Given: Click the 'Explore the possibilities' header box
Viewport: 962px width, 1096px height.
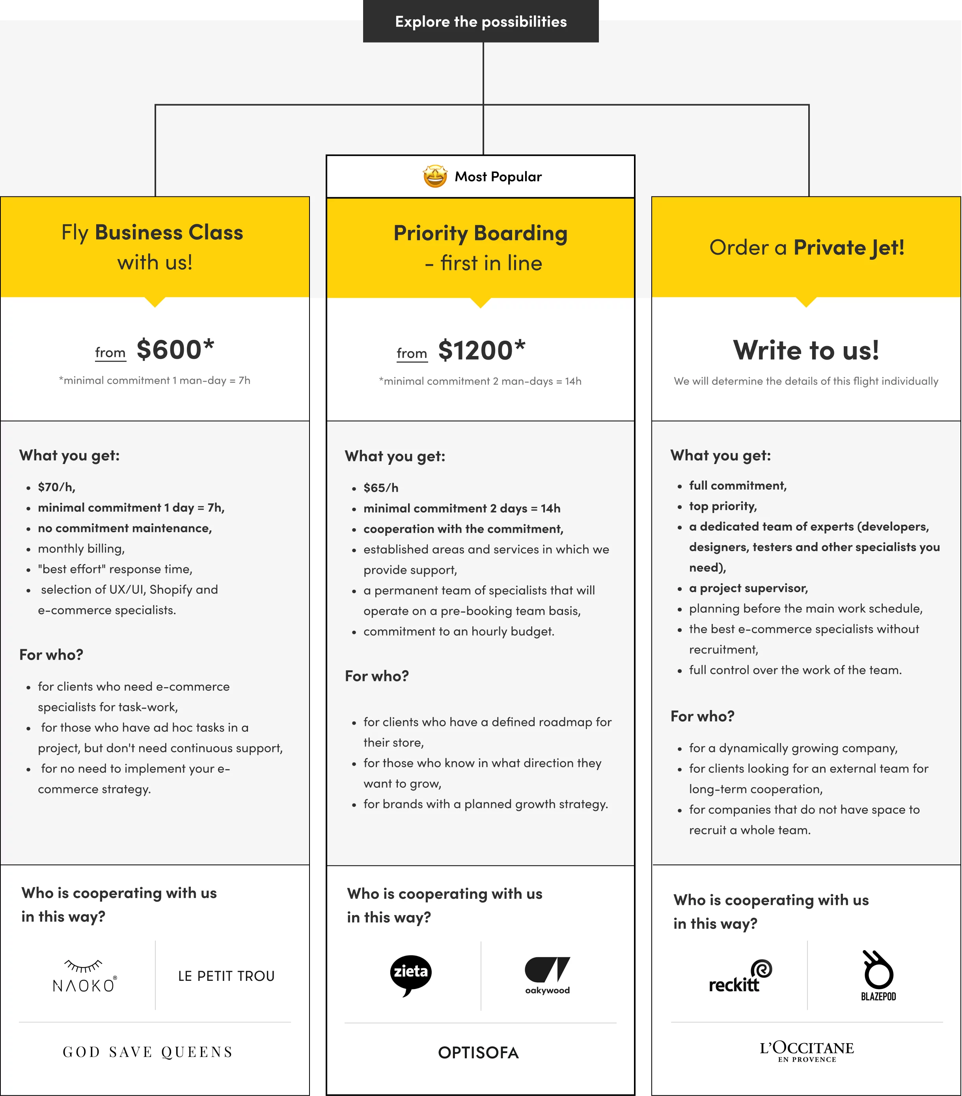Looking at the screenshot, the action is [x=481, y=21].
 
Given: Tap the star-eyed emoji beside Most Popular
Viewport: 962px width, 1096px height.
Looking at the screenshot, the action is [x=435, y=176].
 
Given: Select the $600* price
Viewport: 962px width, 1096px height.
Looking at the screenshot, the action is [x=175, y=350].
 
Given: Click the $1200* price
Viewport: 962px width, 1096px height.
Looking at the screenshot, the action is [x=481, y=350].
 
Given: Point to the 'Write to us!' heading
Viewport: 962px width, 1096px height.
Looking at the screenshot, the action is [x=806, y=350].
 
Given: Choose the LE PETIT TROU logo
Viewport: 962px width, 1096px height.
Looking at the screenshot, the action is [x=226, y=976].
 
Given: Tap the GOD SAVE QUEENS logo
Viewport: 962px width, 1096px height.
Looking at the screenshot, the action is [x=148, y=1052].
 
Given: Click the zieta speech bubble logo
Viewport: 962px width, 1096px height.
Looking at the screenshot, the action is [x=411, y=975].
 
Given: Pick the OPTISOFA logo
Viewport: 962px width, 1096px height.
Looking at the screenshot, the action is [x=478, y=1053].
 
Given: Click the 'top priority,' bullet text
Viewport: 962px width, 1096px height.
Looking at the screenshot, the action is [x=723, y=506].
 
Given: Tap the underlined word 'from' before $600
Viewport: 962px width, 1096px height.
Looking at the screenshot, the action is [x=110, y=353].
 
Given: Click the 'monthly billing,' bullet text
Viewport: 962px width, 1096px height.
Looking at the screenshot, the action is [x=81, y=548].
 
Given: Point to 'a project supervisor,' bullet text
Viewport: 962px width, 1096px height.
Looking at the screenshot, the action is [x=748, y=588].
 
